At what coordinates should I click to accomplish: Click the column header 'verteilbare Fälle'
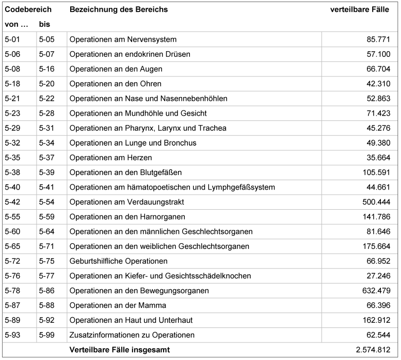[x=359, y=9]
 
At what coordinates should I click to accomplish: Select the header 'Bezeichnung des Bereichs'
[x=118, y=9]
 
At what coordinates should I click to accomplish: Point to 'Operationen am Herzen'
[x=110, y=158]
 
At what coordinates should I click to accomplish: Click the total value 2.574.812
[x=373, y=350]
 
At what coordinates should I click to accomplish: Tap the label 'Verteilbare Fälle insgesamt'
[x=120, y=350]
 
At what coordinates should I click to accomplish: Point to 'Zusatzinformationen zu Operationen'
[x=132, y=335]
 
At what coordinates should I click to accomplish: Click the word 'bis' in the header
[x=44, y=24]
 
